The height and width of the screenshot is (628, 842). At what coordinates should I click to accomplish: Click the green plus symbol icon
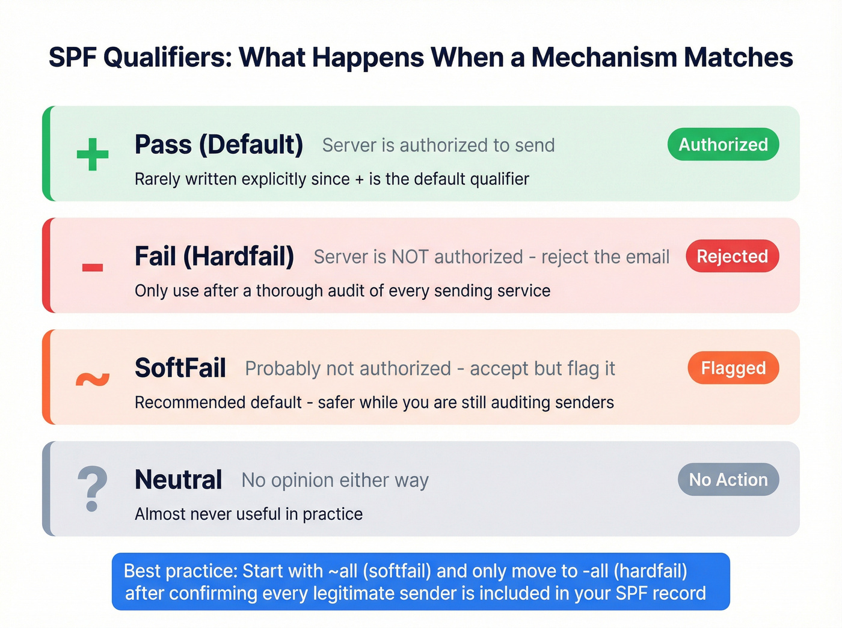tap(93, 154)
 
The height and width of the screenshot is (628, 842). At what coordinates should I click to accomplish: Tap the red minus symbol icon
tap(93, 267)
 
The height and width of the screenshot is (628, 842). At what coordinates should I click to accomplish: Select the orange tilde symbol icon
tap(93, 379)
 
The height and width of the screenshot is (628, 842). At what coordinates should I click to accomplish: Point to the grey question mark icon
tap(93, 488)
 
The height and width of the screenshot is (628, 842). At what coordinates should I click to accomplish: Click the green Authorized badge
tap(723, 145)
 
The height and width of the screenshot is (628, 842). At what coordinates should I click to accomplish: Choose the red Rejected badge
tap(732, 257)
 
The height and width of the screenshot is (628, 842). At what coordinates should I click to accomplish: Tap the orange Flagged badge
tap(733, 368)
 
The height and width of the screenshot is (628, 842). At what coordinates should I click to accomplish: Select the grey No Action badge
tap(728, 480)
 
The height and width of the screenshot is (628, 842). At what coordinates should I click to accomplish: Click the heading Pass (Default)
tap(219, 145)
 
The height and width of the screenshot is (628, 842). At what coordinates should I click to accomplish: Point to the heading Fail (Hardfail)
tap(214, 257)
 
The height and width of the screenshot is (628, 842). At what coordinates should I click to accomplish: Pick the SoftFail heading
tap(180, 368)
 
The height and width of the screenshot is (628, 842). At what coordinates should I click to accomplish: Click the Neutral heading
tap(179, 480)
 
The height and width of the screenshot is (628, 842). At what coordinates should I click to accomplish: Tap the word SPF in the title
tap(73, 58)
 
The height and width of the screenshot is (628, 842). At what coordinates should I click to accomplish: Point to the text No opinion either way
tap(335, 480)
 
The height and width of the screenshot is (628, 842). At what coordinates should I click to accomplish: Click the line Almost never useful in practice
tap(248, 514)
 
